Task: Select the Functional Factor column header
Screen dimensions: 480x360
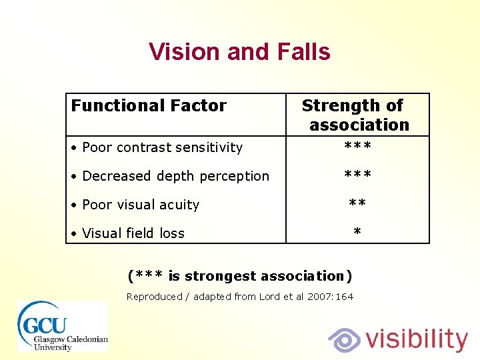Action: coord(149,105)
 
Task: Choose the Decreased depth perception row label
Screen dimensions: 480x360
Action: coord(175,176)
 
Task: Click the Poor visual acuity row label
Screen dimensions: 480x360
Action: coord(140,205)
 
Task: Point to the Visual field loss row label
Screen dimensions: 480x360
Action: coord(133,233)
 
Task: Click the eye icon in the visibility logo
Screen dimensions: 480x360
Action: coord(345,339)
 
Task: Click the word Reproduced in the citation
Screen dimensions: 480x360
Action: coord(154,297)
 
